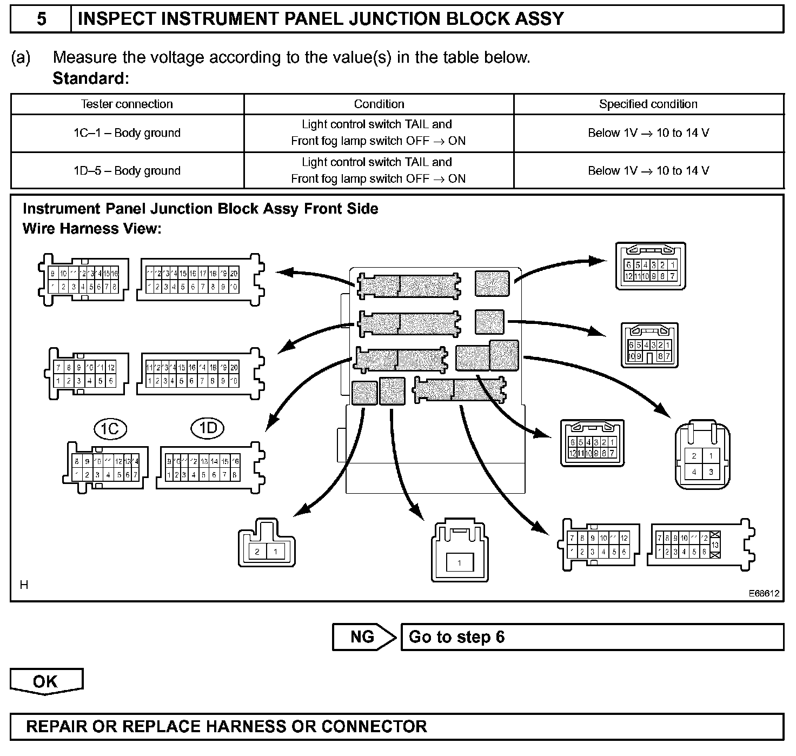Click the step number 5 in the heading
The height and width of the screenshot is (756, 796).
[x=41, y=19]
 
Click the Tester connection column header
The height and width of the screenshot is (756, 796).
[x=127, y=104]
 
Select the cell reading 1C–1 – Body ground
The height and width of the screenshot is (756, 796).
[x=127, y=133]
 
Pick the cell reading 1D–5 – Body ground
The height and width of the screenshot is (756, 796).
[x=127, y=171]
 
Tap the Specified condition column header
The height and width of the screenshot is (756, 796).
[x=648, y=104]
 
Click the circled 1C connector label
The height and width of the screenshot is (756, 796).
[x=110, y=429]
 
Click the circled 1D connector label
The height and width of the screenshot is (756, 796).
[x=208, y=428]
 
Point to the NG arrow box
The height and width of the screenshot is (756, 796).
[x=363, y=636]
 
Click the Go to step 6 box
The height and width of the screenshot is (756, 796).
[x=592, y=636]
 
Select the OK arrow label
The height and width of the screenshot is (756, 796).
[x=46, y=681]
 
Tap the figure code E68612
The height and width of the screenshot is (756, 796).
[x=764, y=593]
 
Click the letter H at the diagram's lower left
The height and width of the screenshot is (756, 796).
[x=24, y=585]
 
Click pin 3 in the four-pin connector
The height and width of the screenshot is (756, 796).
[x=711, y=472]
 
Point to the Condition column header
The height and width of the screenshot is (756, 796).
[x=379, y=104]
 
